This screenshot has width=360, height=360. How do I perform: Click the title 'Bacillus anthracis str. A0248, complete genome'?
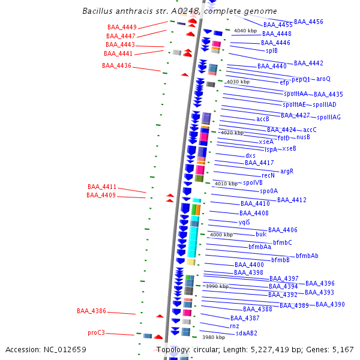(x=179, y=11)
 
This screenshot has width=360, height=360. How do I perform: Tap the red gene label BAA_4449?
(x=122, y=27)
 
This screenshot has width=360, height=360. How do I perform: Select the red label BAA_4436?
(x=116, y=65)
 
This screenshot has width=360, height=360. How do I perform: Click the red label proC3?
(x=96, y=332)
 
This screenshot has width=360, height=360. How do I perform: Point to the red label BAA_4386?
(x=91, y=311)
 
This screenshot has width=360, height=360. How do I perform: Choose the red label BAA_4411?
(x=102, y=187)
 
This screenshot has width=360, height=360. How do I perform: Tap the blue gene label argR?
(x=287, y=171)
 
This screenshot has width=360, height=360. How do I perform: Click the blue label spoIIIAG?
(x=329, y=117)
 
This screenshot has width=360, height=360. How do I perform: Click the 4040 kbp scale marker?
(x=245, y=31)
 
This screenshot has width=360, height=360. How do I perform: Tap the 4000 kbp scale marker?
(x=221, y=235)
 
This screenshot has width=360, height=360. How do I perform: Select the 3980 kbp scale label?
(x=213, y=337)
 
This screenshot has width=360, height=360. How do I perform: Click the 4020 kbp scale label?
(x=232, y=133)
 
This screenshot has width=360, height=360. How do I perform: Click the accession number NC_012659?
(x=46, y=349)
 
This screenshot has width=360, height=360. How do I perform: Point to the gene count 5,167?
(x=343, y=349)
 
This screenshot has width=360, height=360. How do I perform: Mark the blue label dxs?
(x=250, y=155)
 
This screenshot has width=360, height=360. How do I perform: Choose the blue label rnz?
(x=234, y=326)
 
